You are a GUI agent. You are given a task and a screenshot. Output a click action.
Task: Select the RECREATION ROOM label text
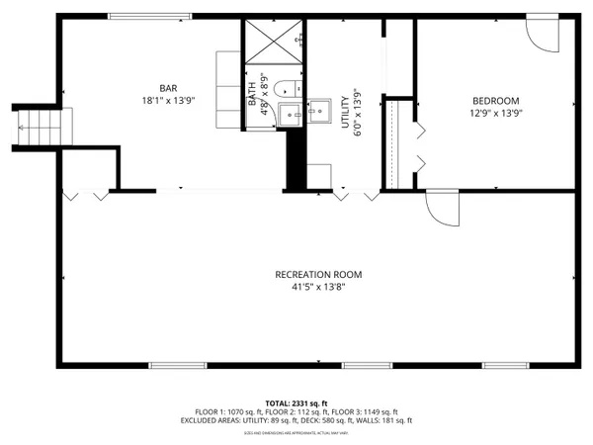[x=318, y=274]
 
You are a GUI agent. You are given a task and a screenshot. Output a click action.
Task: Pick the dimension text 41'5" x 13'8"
[x=318, y=287]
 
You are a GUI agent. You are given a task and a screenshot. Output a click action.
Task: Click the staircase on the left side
[x=31, y=126]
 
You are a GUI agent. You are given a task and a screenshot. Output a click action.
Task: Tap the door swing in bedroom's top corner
[x=542, y=35]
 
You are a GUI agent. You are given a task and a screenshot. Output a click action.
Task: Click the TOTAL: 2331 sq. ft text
[x=296, y=403]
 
